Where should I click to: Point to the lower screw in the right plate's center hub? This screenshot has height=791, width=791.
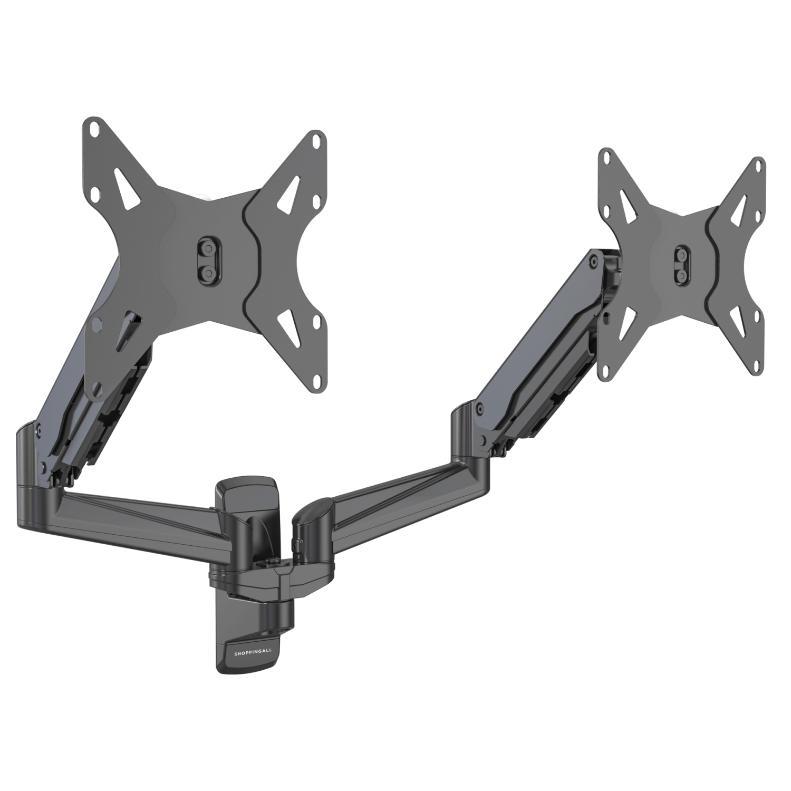click(x=682, y=276)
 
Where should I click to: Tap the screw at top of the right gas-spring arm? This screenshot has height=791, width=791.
click(x=594, y=259)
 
